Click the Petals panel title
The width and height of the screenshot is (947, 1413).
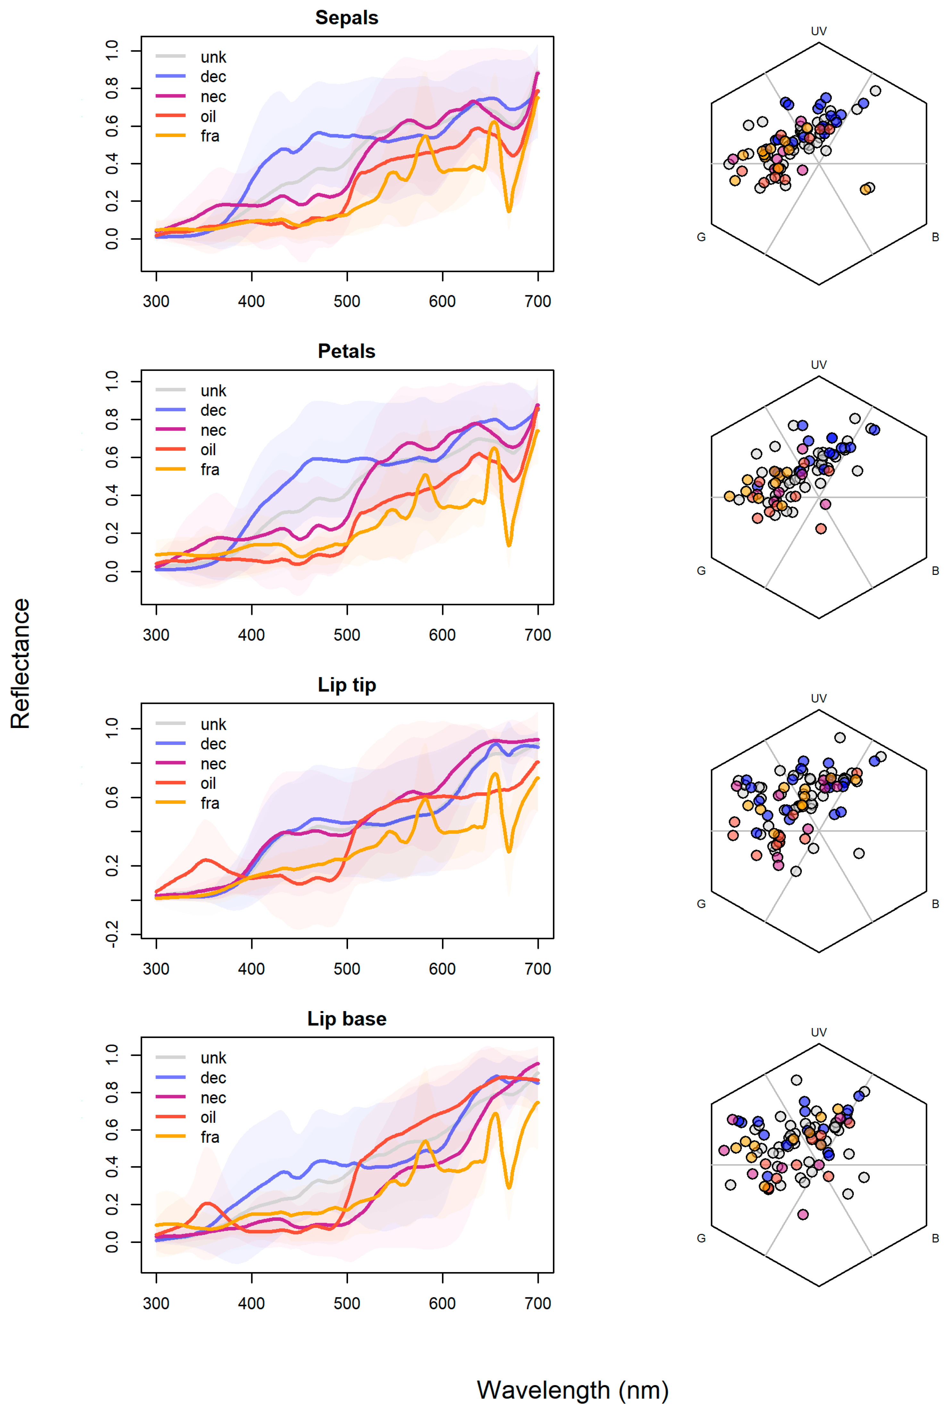pos(347,351)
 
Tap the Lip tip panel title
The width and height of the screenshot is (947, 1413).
pos(347,685)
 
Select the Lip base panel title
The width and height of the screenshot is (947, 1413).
pos(347,1019)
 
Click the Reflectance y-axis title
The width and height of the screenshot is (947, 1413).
pos(20,664)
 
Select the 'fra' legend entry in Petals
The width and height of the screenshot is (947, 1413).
pos(210,470)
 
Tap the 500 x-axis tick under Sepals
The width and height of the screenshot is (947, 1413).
pos(347,301)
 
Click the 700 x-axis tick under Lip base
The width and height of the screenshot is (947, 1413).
pos(537,1303)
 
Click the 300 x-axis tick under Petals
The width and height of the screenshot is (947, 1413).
pos(156,635)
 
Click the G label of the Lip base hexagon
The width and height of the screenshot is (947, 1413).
pos(701,1238)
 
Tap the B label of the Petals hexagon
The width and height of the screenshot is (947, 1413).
pos(935,570)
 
